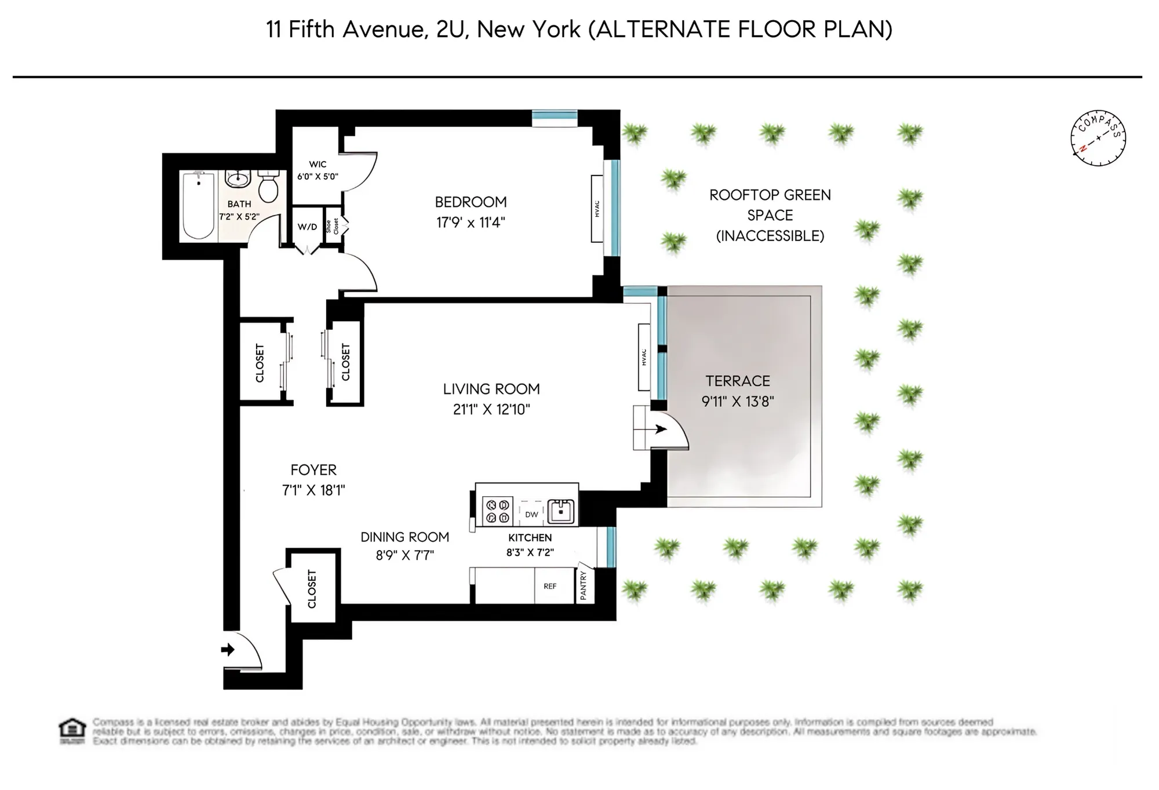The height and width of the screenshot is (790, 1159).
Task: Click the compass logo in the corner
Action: pos(1098,138)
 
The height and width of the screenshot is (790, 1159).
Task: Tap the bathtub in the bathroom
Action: pos(198,206)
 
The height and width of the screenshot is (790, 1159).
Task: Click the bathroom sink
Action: pos(237,179)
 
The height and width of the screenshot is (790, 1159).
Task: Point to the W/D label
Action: pos(308,227)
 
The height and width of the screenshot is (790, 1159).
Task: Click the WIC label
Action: pos(318,165)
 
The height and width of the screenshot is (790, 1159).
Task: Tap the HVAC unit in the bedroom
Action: pos(597,209)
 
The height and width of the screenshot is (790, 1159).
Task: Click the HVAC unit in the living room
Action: pos(644,357)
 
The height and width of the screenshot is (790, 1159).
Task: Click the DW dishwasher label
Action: pos(531,514)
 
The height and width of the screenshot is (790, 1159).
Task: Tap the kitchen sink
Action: pos(561,511)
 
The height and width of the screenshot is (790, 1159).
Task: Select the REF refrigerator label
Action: pos(550,586)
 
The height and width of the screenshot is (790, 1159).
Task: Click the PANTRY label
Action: pos(584,585)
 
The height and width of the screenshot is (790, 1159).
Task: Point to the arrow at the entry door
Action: pos(228,649)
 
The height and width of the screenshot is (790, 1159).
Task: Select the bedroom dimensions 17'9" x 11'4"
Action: pos(471,223)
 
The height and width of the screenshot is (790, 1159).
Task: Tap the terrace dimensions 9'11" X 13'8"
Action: pos(738,401)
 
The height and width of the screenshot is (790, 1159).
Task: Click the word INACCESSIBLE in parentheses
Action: pos(770,236)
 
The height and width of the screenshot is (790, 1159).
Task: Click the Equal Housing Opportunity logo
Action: pos(72,731)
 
